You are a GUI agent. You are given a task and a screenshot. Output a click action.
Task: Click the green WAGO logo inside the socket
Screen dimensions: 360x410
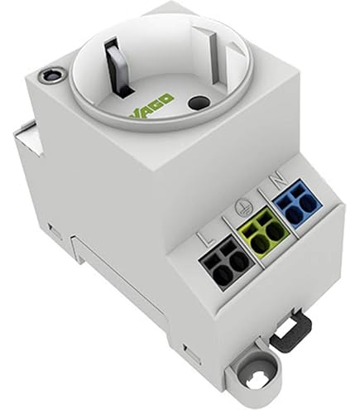[151, 106]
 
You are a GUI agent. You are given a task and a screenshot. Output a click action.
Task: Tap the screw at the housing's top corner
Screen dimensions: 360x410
[51, 75]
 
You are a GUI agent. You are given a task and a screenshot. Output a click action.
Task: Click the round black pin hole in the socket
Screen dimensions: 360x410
[199, 103]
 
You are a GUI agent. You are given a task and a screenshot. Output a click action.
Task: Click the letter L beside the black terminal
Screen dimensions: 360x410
[208, 238]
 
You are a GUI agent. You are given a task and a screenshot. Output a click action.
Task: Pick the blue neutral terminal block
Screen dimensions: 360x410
[297, 205]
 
